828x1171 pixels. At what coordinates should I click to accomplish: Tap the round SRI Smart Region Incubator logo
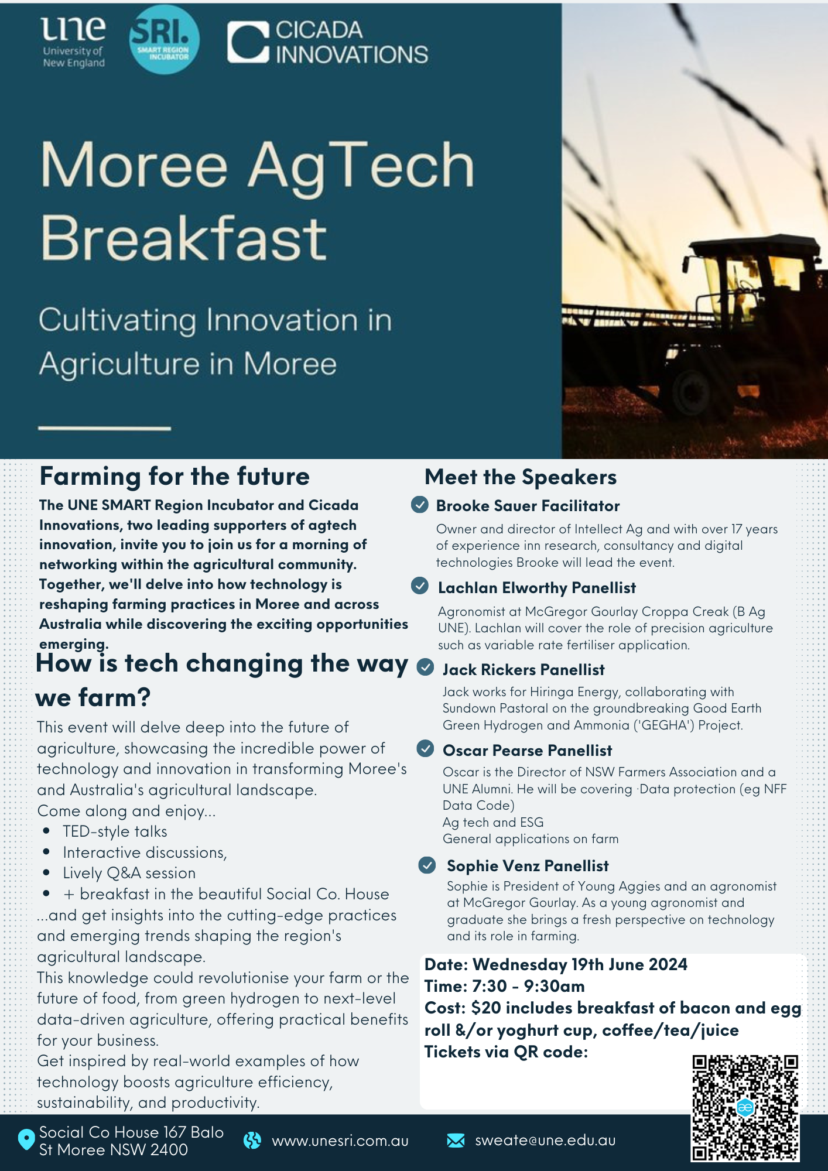tap(164, 39)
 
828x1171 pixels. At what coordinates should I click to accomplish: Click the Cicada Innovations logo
tap(327, 42)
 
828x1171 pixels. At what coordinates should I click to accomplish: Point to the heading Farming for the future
tap(175, 477)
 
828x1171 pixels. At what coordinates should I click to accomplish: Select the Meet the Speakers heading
tap(521, 477)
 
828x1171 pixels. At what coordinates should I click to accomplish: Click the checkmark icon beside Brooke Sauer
tap(420, 505)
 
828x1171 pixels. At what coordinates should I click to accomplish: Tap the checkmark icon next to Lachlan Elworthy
tap(420, 585)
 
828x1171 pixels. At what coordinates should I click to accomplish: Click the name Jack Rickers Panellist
tap(524, 670)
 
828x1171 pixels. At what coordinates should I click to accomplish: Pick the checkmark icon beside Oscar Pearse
tap(425, 748)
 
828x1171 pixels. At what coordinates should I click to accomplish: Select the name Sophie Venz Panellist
tap(528, 866)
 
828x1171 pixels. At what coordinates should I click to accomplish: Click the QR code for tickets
tap(745, 1108)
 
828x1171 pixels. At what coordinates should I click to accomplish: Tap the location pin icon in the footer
tap(26, 1139)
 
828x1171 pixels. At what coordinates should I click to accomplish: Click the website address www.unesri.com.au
tap(340, 1141)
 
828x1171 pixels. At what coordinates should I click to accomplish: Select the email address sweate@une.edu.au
tap(545, 1140)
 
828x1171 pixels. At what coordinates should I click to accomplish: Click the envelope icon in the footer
tap(456, 1140)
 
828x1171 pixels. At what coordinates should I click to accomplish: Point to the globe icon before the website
tap(252, 1140)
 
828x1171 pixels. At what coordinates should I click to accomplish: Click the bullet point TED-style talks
tap(115, 831)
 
